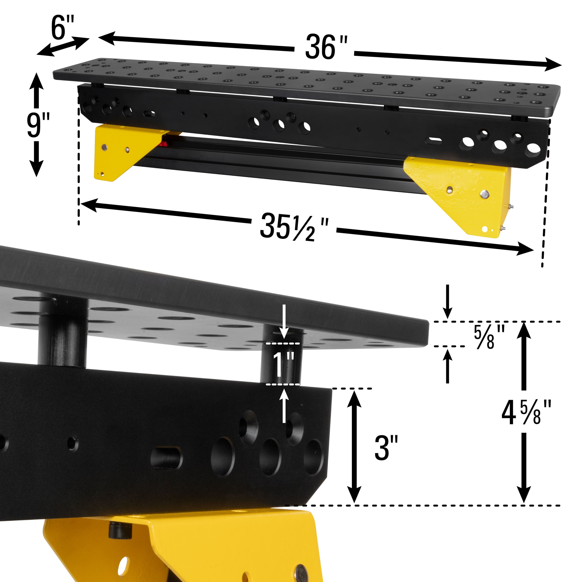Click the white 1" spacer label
pyautogui.click(x=283, y=364)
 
